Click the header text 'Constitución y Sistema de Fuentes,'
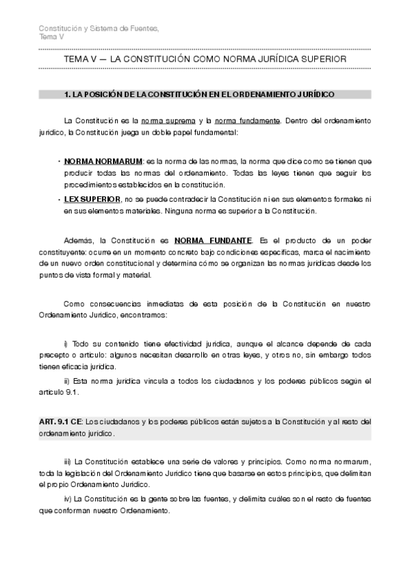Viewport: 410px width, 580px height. pos(99,28)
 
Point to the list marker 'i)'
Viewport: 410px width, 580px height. pos(66,342)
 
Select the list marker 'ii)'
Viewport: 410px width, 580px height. pos(67,380)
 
